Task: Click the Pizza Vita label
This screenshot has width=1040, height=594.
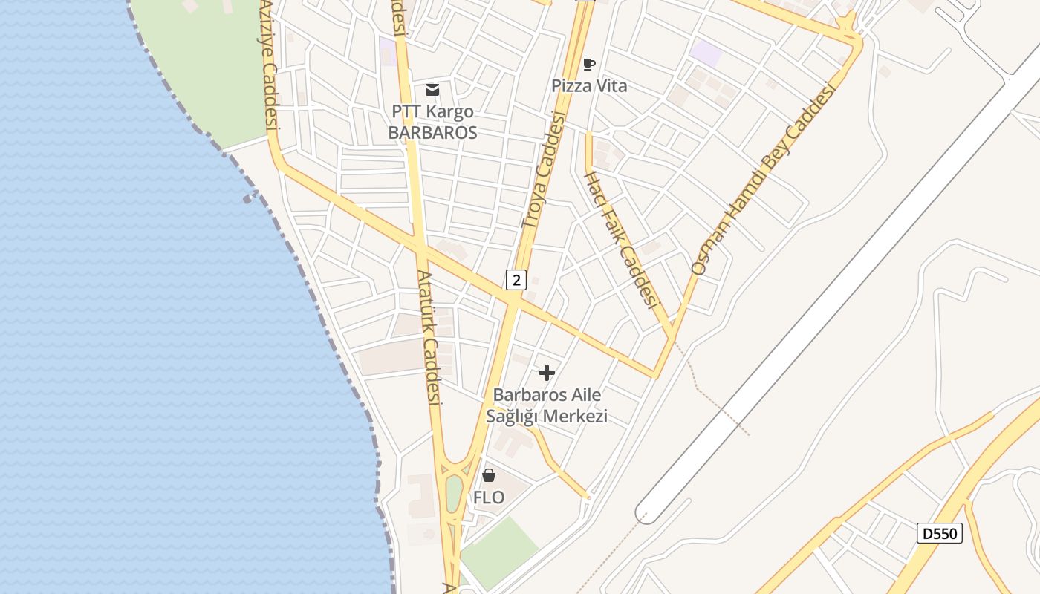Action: coord(589,86)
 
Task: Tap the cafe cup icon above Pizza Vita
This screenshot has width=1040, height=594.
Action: coord(589,65)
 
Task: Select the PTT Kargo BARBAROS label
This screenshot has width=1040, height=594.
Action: coord(434,123)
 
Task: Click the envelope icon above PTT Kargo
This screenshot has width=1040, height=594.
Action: coord(432,90)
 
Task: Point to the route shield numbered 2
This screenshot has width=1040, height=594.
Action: coord(516,280)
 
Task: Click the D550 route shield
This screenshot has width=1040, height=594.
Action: coord(939,533)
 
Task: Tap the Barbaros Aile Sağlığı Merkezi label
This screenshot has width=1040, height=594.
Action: coord(547,405)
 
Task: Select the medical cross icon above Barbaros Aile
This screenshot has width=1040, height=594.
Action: coord(547,373)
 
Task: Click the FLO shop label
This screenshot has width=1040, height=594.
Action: coord(489,497)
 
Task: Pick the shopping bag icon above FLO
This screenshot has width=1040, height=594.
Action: coord(489,475)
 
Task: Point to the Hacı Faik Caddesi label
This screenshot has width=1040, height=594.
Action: coord(622,239)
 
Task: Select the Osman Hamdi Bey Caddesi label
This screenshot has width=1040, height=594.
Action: coord(764,178)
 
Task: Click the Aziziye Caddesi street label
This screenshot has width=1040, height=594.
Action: coord(269,67)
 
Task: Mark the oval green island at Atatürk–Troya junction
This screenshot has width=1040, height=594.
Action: coord(454,493)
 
